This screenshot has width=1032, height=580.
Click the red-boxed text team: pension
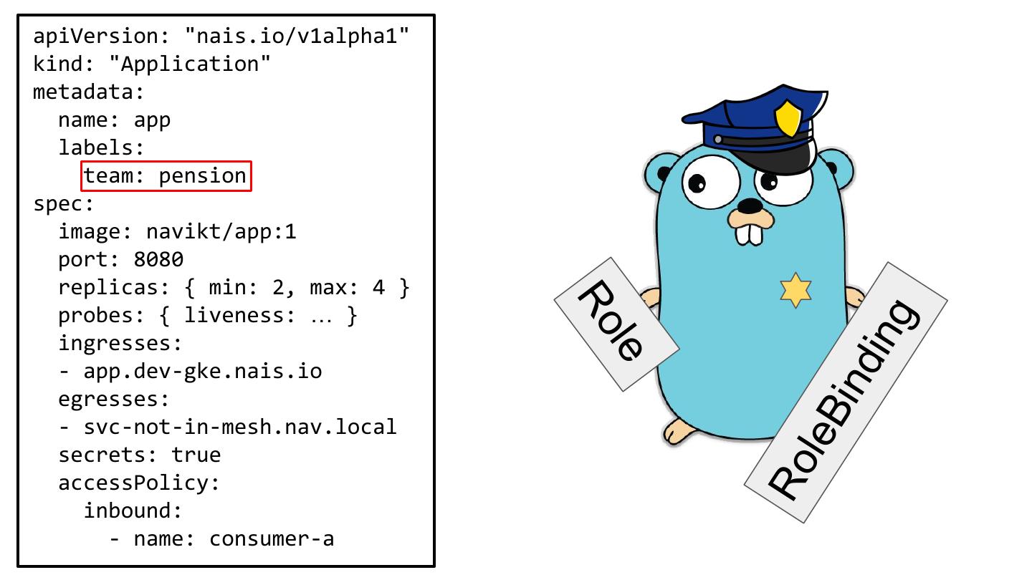166,176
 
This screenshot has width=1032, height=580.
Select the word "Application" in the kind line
190,64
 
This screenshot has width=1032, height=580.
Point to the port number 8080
158,259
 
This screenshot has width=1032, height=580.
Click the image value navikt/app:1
221,231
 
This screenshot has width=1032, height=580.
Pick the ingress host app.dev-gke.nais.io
203,371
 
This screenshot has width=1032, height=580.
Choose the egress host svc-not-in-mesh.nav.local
240,427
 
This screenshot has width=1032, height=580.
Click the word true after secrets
196,455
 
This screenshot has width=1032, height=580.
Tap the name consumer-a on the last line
272,538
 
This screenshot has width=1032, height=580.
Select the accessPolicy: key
139,483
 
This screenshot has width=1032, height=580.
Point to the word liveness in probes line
240,315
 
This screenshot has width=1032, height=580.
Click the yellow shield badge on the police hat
788,117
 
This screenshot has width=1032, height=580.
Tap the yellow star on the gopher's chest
795,291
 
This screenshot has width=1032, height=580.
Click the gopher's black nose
750,206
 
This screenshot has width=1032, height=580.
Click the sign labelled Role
616,323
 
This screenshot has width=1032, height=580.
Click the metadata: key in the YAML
89,92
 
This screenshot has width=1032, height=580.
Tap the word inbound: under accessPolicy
133,511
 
